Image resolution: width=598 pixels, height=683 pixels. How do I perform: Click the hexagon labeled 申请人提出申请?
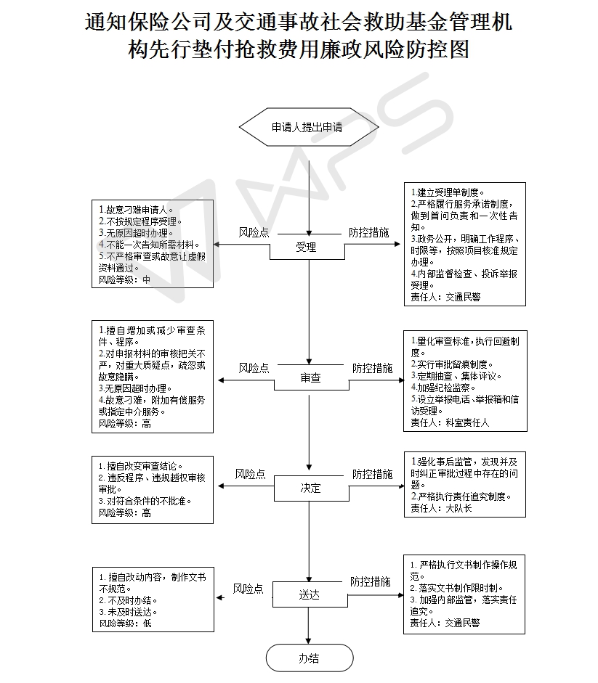coord(309,127)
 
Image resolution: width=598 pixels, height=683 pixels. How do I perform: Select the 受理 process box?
coord(307,247)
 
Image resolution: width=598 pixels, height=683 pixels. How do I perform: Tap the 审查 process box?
coord(311,377)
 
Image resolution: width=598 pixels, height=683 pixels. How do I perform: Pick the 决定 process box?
coord(311,488)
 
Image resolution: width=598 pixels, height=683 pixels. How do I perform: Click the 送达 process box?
coord(310,594)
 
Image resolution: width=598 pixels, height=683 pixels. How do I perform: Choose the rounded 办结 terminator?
coord(310,658)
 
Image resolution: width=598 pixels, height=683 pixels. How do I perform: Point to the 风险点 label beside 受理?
coord(254,232)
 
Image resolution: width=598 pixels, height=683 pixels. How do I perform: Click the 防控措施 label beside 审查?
coord(373,368)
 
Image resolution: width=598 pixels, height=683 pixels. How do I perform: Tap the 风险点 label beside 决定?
coord(251,474)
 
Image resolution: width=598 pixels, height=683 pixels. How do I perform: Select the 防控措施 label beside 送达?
coord(371,581)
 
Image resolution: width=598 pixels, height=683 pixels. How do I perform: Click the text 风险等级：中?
coord(124,279)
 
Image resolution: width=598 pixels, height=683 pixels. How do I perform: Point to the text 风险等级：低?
coord(125,623)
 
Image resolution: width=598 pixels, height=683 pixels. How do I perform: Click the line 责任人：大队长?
coord(441,508)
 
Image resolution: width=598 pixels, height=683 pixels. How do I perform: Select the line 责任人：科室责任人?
coord(450,422)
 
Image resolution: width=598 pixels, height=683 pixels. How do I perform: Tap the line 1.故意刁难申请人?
coord(136,210)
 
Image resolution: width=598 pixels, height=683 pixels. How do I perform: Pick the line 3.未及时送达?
coord(128,612)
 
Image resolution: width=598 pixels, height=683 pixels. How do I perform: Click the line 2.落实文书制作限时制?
coord(457,588)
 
